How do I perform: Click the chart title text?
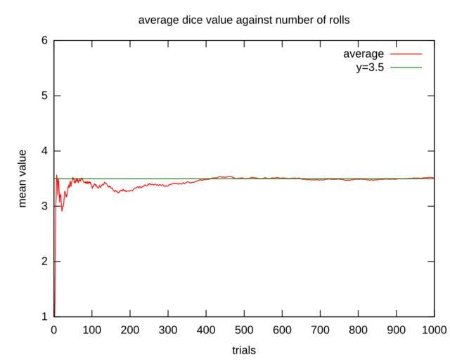coord(244,20)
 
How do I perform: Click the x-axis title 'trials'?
coord(244,349)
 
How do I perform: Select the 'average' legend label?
coord(363,54)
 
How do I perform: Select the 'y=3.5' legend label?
coord(368,67)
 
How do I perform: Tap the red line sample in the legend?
coord(405,54)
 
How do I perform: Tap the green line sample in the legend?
coord(405,67)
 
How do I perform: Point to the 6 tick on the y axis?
coord(44,41)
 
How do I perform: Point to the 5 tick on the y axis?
coord(44,96)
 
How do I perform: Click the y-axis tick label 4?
coord(44,151)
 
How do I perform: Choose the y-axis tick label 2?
coord(44,262)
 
